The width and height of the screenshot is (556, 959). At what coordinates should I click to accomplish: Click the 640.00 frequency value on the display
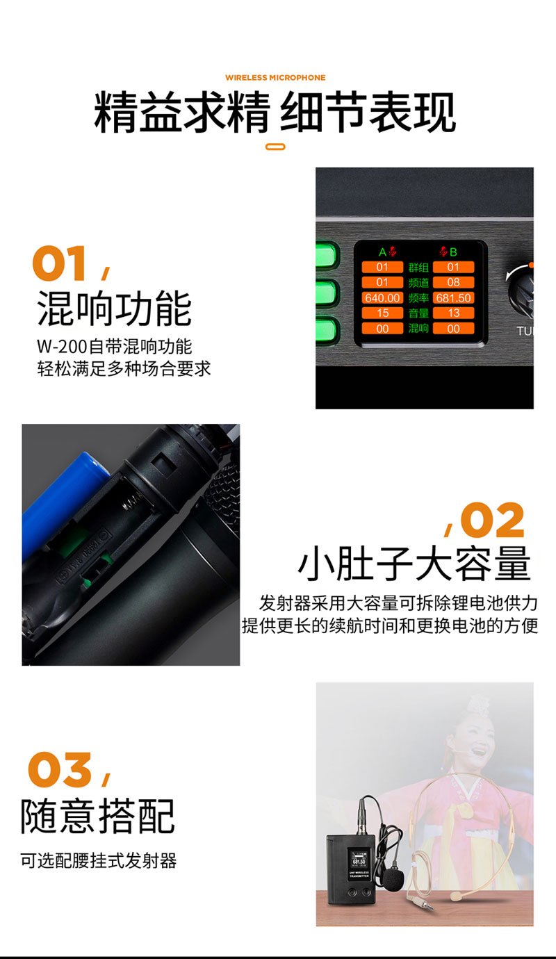pos(382,297)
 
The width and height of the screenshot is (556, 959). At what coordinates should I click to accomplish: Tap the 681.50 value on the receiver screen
pos(453,297)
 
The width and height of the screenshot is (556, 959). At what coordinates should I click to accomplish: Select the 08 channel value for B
pos(453,282)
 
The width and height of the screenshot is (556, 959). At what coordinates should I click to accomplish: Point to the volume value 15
pos(382,313)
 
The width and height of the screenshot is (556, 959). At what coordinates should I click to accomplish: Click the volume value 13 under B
pos(453,313)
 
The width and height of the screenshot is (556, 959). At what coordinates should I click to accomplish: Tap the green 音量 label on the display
pos(418,313)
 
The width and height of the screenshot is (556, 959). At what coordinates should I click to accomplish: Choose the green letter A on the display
pos(382,252)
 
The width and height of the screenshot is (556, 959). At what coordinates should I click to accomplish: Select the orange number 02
pos(492,521)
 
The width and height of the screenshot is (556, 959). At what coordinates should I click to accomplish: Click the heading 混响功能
pos(114,309)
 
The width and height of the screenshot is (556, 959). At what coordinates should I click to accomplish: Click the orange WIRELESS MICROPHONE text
pos(275,78)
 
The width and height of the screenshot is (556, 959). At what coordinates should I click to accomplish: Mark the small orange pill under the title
pos(276,147)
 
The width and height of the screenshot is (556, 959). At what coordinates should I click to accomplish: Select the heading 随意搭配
pos(97,816)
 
